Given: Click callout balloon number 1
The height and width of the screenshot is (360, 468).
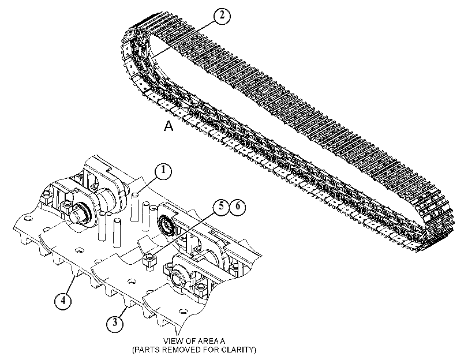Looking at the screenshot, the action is point(163,171).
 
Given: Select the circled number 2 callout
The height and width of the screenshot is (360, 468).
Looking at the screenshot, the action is point(222,16).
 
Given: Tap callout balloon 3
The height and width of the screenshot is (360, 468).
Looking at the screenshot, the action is point(115,323).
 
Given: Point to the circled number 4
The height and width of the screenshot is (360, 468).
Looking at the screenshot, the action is point(63,301).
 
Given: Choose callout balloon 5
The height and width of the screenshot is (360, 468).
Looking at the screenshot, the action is point(221,207).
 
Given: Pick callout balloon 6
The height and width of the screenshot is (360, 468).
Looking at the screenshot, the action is point(238,207).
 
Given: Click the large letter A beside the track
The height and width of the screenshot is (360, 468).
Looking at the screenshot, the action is point(169,126).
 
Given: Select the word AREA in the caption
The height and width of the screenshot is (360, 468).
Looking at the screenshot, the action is point(207,341).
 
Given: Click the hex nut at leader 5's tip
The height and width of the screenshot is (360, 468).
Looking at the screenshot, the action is point(150,260).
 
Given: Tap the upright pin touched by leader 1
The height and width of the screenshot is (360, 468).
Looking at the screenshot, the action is point(135,208).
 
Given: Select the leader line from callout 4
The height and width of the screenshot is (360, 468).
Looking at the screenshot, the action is point(70,284).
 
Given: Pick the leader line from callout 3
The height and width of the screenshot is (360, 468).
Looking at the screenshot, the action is point(122,312).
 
